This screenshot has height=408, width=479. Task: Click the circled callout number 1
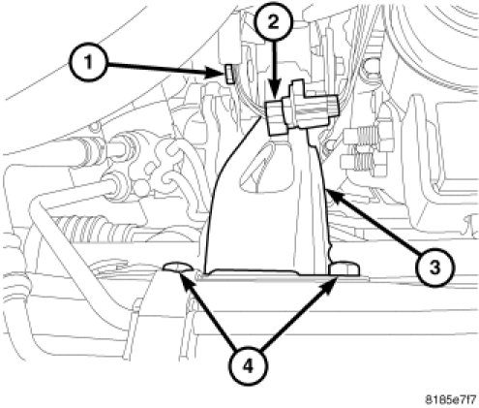(88, 62)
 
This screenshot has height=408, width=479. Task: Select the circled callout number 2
(274, 22)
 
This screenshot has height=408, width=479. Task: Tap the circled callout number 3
(434, 267)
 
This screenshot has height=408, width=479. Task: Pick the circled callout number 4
(248, 366)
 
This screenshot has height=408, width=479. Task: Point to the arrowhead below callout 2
(274, 93)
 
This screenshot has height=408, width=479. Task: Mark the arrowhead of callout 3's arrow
(333, 197)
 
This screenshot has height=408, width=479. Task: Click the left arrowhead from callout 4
(184, 279)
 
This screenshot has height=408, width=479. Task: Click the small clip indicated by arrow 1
(228, 73)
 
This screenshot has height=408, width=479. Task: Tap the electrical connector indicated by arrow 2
(301, 110)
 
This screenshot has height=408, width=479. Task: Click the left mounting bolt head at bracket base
(177, 267)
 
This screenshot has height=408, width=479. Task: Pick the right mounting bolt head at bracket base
(344, 269)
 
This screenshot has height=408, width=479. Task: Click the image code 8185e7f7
(450, 399)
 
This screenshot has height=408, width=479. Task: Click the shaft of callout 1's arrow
(159, 68)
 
